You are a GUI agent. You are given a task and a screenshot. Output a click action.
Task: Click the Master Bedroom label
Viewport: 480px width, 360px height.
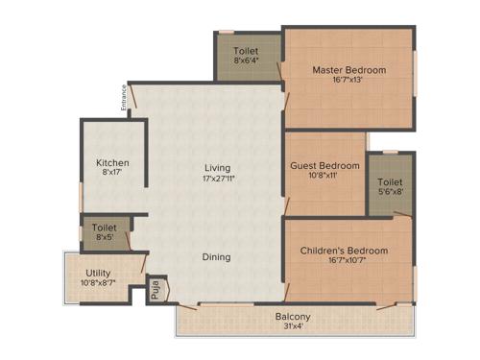point(348,70)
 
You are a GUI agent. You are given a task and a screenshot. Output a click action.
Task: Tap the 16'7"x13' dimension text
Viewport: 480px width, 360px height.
point(348,82)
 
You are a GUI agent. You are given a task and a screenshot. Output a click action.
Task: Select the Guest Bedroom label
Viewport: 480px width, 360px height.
point(325,165)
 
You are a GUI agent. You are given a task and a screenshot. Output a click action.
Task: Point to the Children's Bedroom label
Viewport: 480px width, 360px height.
point(344,251)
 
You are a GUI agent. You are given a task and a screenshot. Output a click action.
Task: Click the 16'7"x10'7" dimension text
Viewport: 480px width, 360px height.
point(344,262)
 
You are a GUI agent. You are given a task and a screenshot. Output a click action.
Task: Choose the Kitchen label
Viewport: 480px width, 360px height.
point(111,163)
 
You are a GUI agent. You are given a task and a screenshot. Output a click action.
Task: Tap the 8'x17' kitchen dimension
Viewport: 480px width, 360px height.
point(111,175)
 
